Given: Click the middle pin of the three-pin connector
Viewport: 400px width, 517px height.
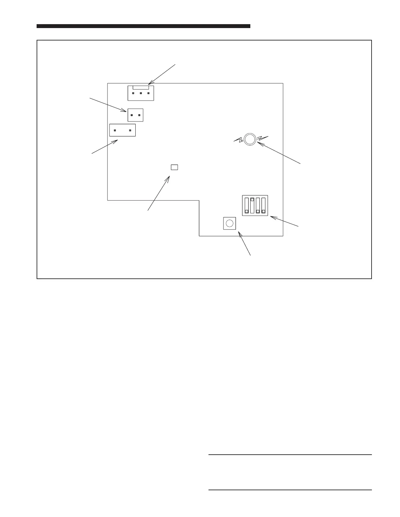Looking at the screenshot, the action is coord(141,93).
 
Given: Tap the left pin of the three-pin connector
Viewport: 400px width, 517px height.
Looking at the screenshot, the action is coord(133,93).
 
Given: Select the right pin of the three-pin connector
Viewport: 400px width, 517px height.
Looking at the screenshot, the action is coord(148,93).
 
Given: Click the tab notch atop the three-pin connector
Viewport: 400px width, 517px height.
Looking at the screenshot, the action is coord(141,87).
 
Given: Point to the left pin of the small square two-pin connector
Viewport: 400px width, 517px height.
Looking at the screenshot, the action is coord(132,115).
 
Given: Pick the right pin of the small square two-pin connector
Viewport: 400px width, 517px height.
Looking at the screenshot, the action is coord(139,115).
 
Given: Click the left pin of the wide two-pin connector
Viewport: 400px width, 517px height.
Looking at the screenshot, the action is coord(115,131).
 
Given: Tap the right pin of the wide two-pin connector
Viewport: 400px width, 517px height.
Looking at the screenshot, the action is coord(130,131).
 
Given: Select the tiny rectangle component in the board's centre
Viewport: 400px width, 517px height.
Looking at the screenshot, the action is coord(175,167).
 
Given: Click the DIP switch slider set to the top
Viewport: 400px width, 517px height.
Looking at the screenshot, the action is coord(252,199).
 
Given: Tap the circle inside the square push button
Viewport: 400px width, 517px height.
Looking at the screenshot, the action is coord(230,223).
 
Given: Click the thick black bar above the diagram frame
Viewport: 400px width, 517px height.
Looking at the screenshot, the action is coord(143,26).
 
